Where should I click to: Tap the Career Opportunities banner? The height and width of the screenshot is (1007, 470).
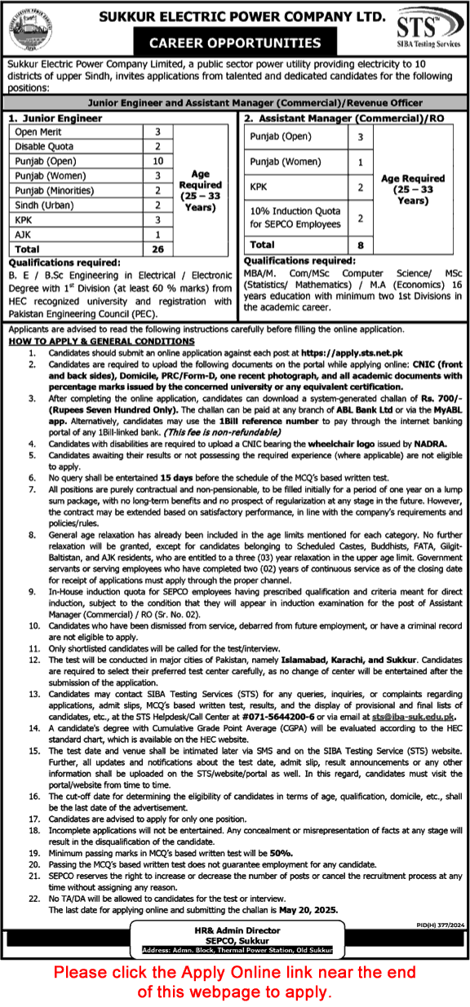tap(234, 43)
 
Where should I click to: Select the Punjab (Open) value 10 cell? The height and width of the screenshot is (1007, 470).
tap(158, 161)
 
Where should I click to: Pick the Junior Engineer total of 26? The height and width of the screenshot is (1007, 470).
tap(158, 249)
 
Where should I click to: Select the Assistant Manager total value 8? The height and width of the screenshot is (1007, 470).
tap(360, 244)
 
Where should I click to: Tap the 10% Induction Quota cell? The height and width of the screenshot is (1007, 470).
tap(295, 217)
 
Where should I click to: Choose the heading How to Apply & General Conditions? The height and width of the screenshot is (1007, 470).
tap(102, 342)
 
